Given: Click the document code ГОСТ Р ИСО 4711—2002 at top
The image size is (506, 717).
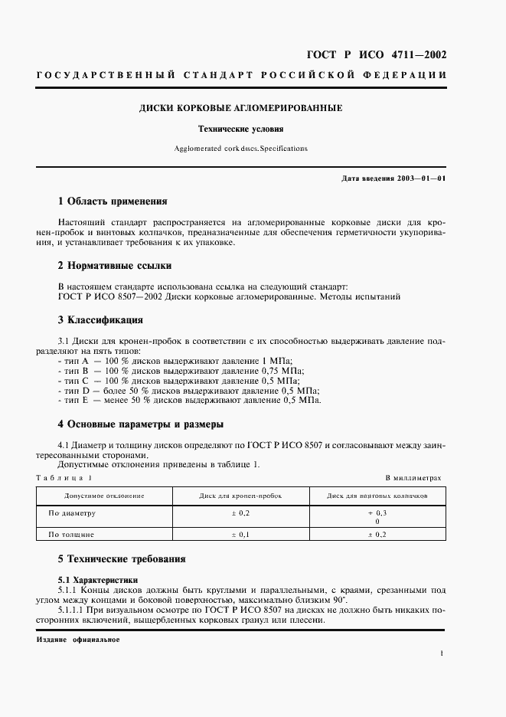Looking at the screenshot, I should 377,55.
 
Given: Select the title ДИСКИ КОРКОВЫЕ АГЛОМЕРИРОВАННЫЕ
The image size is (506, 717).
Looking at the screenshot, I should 240,108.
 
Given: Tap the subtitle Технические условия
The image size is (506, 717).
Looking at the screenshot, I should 240,129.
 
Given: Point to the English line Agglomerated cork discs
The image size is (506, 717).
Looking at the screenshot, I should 240,149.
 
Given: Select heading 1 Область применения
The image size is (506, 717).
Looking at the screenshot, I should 113,201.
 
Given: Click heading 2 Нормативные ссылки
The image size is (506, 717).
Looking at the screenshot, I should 115,266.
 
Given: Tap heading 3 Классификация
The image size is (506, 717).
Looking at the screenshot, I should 100,319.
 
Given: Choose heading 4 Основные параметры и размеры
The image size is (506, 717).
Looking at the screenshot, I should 141,424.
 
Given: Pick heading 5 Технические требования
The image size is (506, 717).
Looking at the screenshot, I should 122,559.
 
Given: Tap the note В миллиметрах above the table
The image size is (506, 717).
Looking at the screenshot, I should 413,477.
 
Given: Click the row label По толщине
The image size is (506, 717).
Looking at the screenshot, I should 71,534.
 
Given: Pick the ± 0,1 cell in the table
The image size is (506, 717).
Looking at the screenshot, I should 240,534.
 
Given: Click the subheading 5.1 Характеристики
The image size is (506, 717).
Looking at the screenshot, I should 94,580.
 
